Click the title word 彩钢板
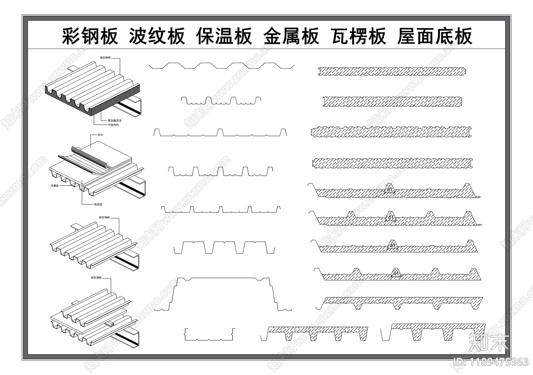pos(90,36)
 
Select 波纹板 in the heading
pos(157,36)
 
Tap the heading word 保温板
pos(224,36)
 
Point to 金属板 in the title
pos(291,36)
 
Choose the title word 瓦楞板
pos(359,36)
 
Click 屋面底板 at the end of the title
pos(435,36)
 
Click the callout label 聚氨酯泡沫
pos(115,120)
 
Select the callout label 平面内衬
pos(113,125)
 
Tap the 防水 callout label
pos(100,135)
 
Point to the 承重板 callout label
pos(55,186)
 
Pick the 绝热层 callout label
pos(98,204)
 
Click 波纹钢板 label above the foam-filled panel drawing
pos(105,58)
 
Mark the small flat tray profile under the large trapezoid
pos(210,335)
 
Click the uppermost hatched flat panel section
pos(392,71)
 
